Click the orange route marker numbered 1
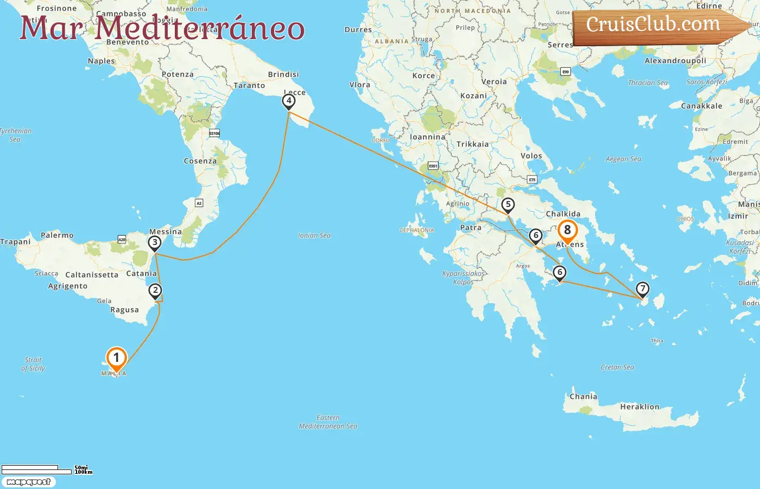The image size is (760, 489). point(116,358)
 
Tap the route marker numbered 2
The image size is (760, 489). point(155,291)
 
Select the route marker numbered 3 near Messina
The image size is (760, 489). point(155,243)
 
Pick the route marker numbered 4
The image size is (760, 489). point(289,101)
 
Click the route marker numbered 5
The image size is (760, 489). point(508,205)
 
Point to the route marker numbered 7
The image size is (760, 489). point(642,289)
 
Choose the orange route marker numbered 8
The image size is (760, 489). point(567,230)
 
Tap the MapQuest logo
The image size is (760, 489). point(28,482)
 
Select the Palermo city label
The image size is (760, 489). point(57,235)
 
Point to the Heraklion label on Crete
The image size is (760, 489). point(639,406)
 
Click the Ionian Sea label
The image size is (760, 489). point(314,235)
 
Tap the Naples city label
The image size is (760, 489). point(102,61)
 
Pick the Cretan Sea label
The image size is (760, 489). point(617,367)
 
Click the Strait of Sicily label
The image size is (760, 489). point(33,364)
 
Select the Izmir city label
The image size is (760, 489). point(738,216)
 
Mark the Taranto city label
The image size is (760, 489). point(249,85)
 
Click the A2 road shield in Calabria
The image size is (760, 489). point(199,203)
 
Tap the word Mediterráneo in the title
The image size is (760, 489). point(200,28)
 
